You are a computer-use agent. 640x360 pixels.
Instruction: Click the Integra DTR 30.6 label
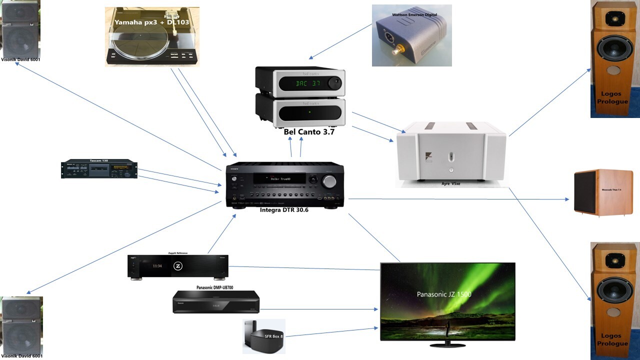[x=284, y=210]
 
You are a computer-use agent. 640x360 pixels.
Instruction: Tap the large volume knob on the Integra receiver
[x=329, y=182]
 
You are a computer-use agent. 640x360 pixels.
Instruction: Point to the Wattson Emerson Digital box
[x=411, y=36]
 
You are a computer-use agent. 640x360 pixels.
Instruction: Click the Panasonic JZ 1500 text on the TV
[x=444, y=294]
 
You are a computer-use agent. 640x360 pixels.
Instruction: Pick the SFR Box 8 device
[x=263, y=336]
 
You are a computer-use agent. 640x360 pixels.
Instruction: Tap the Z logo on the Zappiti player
[x=177, y=267]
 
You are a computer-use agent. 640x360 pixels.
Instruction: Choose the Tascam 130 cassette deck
[x=99, y=169]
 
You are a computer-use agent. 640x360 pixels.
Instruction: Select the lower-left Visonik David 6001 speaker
[x=21, y=326]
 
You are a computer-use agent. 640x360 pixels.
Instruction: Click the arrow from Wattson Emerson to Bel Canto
[x=340, y=41]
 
